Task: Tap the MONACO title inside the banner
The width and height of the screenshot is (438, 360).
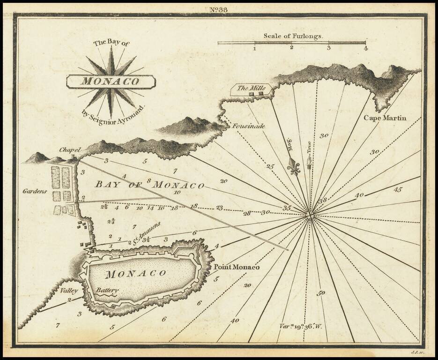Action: [111, 81]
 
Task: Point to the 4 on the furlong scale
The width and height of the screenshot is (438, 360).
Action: [365, 48]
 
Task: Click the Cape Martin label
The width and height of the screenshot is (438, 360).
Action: [385, 118]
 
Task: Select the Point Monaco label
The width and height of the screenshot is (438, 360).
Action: [236, 267]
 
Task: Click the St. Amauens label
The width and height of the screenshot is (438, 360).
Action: [146, 233]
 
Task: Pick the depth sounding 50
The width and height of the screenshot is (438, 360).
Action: [321, 293]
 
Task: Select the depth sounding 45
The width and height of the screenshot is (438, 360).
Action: [398, 190]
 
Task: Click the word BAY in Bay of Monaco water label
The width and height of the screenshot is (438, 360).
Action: [106, 184]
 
